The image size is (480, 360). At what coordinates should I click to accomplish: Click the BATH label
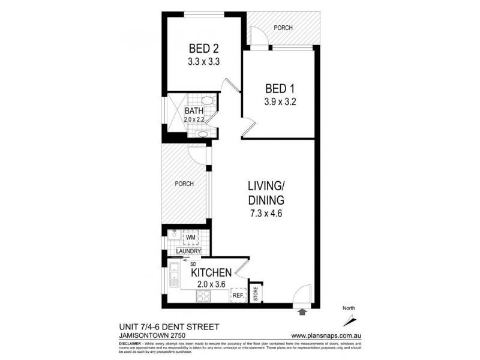(193, 111)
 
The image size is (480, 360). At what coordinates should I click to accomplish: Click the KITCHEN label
(211, 272)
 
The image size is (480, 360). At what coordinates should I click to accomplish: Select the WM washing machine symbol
(191, 238)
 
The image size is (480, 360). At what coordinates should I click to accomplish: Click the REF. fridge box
(238, 295)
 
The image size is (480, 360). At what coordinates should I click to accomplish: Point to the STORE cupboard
(256, 295)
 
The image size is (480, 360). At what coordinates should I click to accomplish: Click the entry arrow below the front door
(302, 311)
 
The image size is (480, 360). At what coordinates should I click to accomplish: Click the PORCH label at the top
(283, 28)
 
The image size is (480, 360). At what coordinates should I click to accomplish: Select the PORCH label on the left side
(184, 184)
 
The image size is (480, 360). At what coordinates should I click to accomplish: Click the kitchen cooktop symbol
(202, 296)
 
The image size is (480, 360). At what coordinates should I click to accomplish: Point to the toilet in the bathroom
(206, 101)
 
